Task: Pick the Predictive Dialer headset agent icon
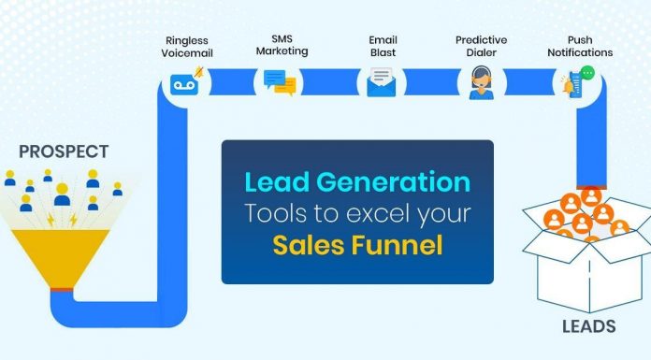[481, 83]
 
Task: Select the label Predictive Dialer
[481, 47]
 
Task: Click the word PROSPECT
[64, 151]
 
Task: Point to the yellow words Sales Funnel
[356, 246]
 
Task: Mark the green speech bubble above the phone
[587, 72]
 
